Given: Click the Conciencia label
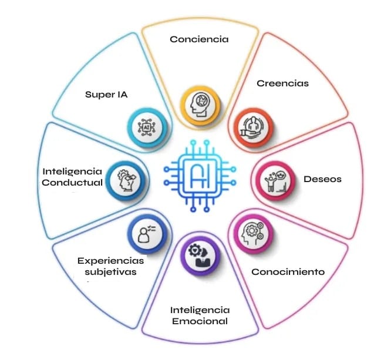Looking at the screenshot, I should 198,39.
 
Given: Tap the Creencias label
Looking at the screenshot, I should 282,83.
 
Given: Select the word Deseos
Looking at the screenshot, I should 322,179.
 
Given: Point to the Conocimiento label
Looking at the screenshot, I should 288,272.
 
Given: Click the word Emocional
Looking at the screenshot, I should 200,321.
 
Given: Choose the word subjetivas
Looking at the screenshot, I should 110,272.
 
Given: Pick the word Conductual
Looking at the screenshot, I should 72,182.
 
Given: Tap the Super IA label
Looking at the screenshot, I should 106,94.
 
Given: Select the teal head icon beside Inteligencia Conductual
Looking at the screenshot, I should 125,179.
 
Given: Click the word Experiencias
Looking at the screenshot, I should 110,260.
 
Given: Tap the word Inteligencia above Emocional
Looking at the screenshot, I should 200,310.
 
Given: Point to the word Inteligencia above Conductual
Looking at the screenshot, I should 72,171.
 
